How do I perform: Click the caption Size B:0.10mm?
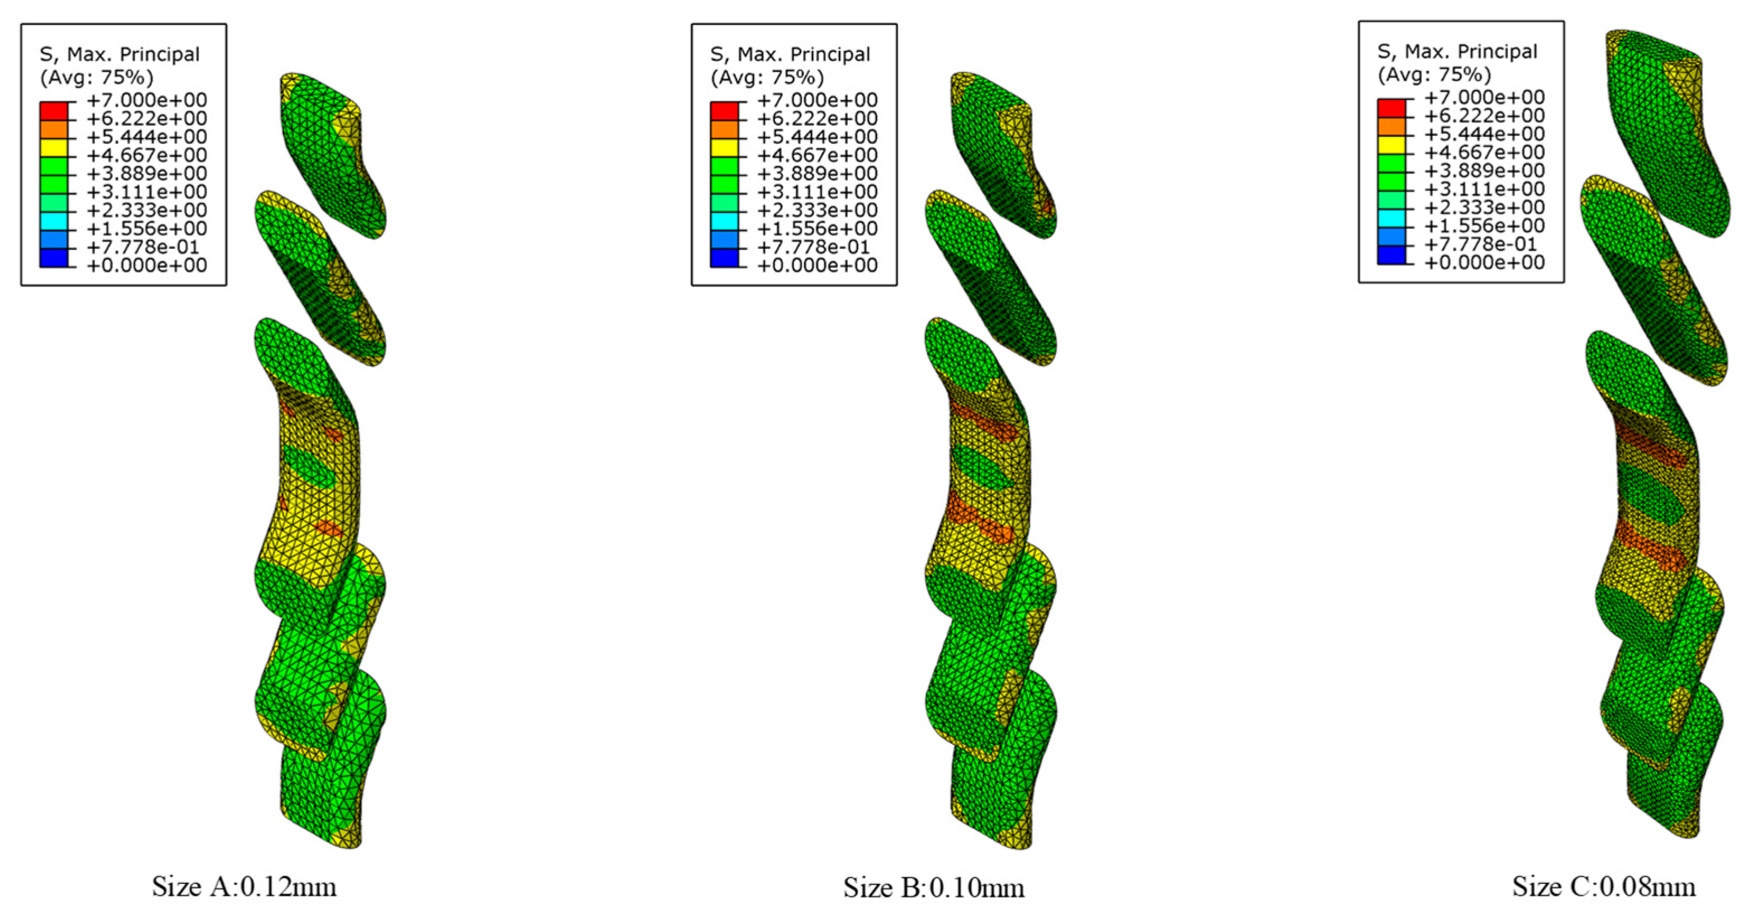click(x=934, y=888)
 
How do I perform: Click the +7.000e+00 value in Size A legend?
click(x=147, y=100)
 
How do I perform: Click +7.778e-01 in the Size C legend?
click(x=1480, y=244)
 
